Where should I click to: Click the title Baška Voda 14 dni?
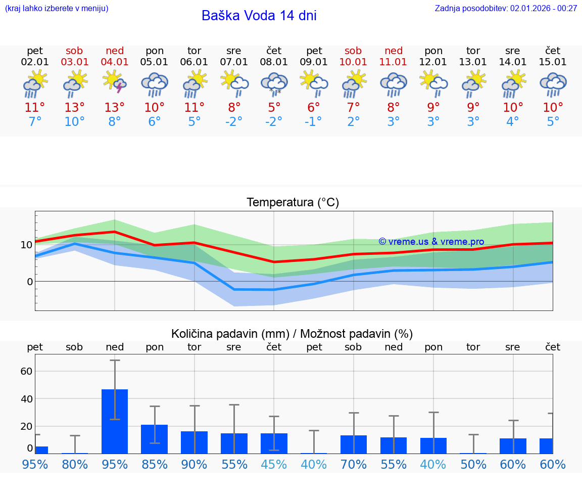(x=259, y=16)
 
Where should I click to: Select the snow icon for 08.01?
(x=274, y=83)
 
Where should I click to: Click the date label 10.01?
(x=353, y=62)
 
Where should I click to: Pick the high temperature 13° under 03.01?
(x=75, y=108)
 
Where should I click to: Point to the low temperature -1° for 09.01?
(x=314, y=122)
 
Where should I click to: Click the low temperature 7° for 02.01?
(x=35, y=122)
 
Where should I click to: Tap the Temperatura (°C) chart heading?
(x=293, y=203)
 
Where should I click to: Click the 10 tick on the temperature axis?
(x=26, y=245)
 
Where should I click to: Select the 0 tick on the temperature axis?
(x=29, y=282)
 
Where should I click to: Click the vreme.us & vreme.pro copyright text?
(x=431, y=242)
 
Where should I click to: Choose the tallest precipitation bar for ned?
(x=115, y=421)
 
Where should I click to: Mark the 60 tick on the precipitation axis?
(x=26, y=371)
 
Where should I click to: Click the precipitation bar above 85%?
(x=154, y=438)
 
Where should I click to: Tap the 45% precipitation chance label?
(x=274, y=464)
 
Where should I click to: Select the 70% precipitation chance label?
(x=353, y=464)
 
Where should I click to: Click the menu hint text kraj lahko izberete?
(x=57, y=8)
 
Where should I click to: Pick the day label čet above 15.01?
(x=553, y=51)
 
